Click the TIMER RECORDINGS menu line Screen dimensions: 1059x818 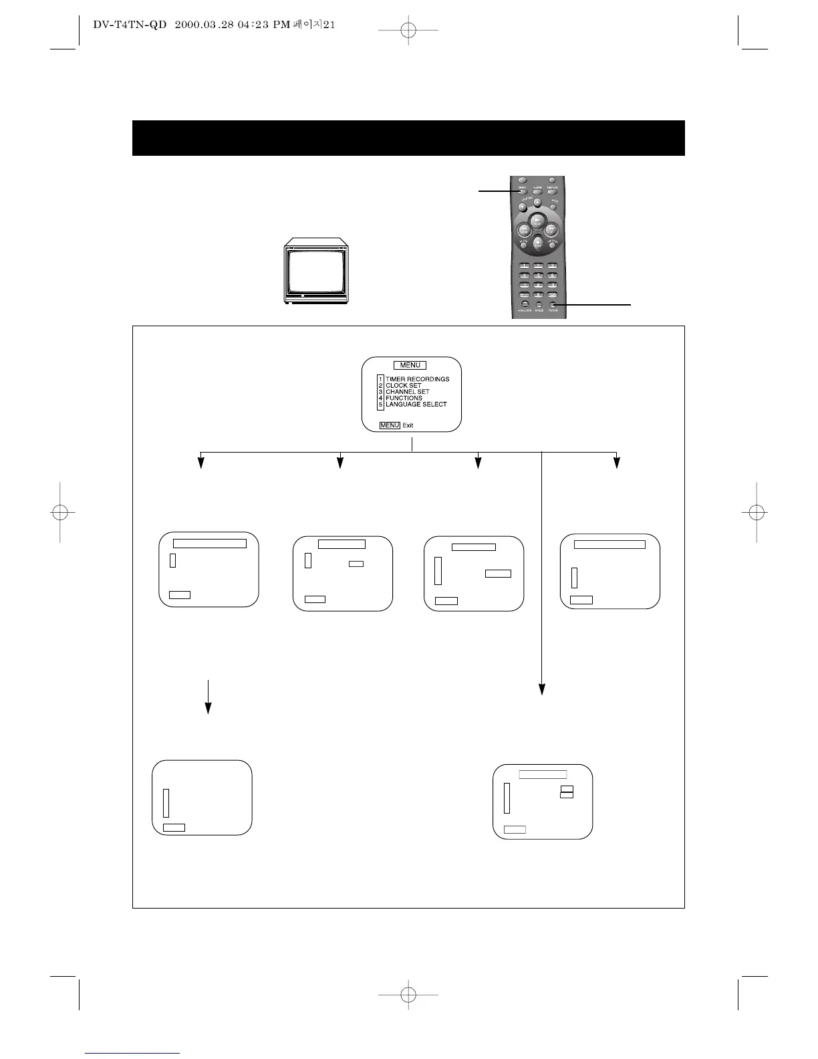point(417,379)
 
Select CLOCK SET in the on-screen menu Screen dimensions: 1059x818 point(403,386)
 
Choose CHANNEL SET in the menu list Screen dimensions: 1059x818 point(407,392)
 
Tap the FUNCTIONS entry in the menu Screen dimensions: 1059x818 point(404,398)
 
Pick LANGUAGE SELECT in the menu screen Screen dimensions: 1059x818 point(416,404)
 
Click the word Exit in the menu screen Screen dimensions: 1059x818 point(408,425)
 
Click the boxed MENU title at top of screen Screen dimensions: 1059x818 point(410,365)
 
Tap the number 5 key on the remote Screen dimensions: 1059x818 point(538,275)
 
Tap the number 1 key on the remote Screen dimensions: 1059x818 point(525,266)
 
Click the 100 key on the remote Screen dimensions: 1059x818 point(552,295)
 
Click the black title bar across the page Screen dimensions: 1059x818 point(408,138)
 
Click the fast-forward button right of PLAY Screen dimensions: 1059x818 point(551,229)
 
